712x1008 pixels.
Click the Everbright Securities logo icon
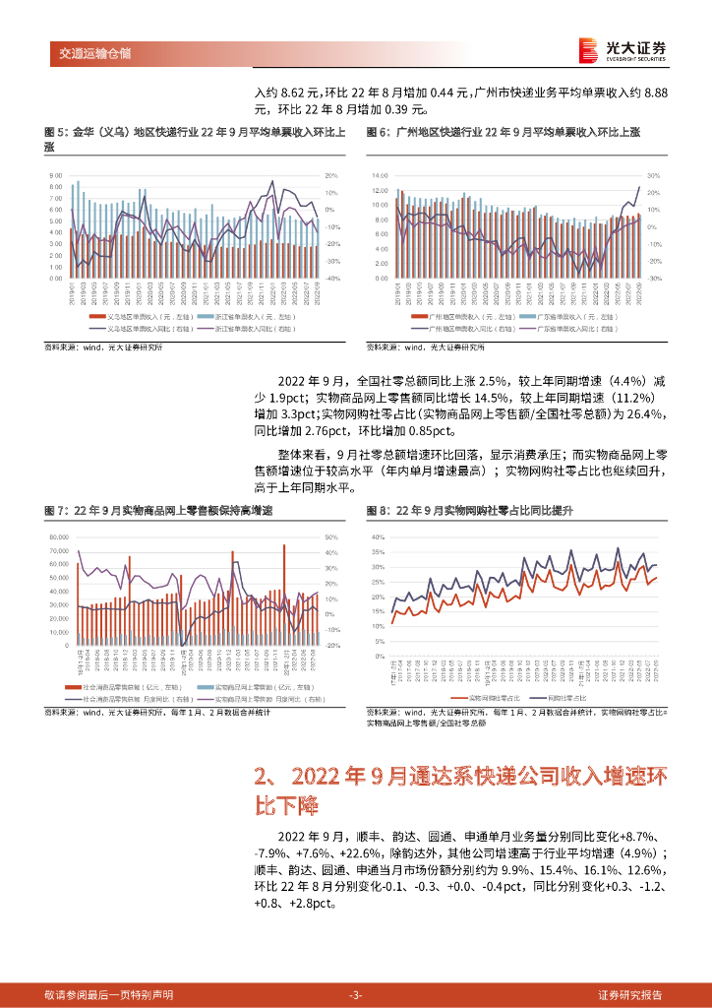coord(588,50)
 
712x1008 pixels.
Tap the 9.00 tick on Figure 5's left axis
coord(55,175)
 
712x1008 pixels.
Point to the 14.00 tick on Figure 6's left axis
coord(380,175)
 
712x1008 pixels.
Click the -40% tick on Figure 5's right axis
coord(332,279)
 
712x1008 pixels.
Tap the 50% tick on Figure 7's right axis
coord(331,537)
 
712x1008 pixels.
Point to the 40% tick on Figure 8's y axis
coord(378,538)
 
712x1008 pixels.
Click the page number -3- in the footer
coord(356,994)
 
